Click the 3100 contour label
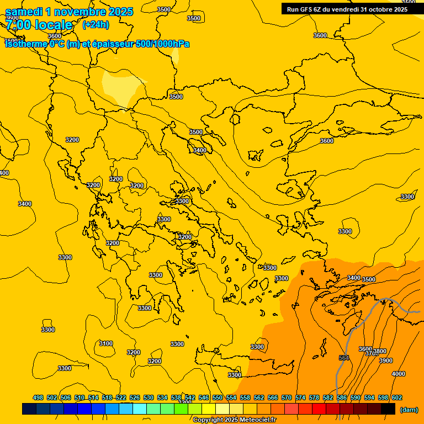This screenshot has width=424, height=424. [x=106, y=343]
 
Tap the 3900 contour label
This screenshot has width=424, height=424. [x=386, y=361]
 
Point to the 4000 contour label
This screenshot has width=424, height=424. [x=398, y=374]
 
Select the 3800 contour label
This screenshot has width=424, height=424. [x=380, y=352]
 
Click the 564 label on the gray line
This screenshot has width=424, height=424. [x=344, y=358]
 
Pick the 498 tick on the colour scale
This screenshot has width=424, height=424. [x=38, y=397]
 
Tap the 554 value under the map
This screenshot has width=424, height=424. [x=231, y=397]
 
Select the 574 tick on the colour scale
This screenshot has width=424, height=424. [x=300, y=397]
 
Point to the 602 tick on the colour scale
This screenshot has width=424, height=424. [x=397, y=397]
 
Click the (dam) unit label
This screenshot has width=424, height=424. [x=409, y=410]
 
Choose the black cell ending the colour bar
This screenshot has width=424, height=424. [x=389, y=409]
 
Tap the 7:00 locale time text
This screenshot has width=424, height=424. [x=39, y=25]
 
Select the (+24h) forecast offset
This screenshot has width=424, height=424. [x=96, y=24]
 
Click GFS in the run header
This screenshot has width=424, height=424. [x=309, y=9]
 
